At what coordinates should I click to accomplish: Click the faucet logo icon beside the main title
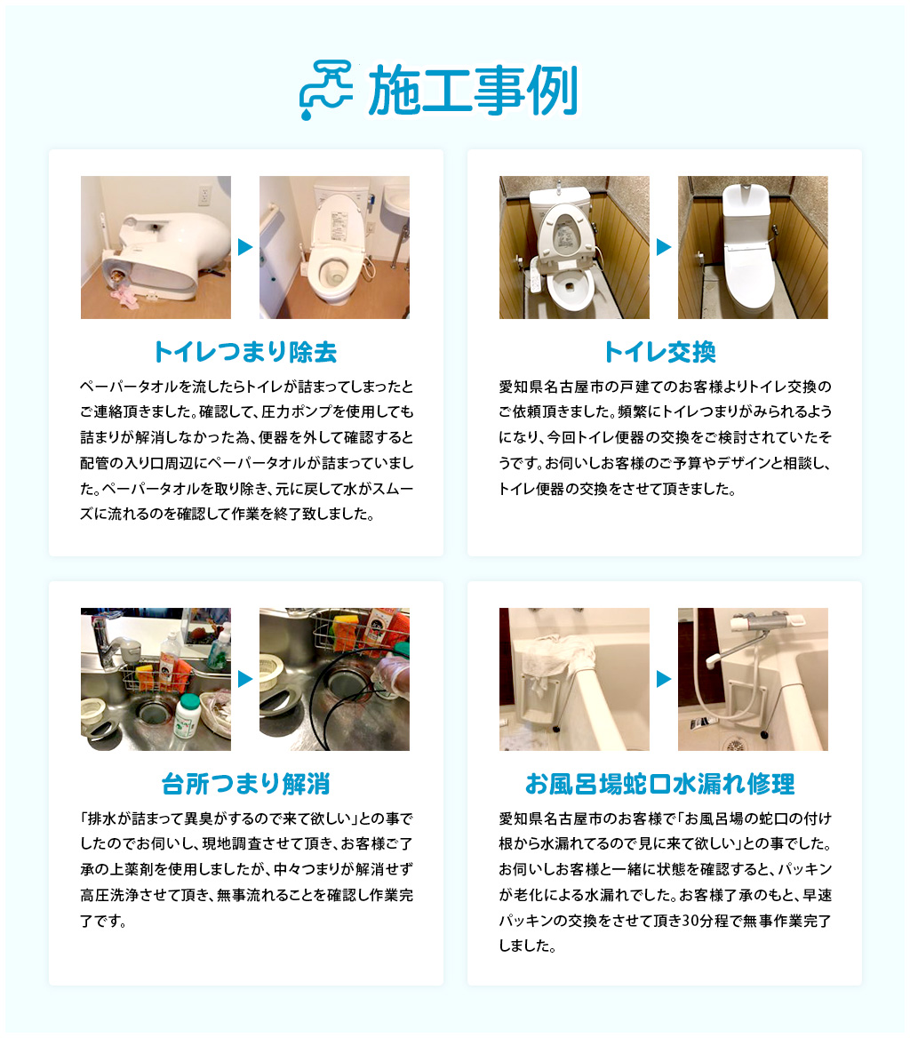coord(325,90)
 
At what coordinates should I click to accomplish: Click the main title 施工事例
coord(473,91)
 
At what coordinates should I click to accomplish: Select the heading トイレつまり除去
coord(245,352)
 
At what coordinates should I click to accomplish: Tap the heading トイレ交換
coord(659,352)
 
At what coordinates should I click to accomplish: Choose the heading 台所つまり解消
coord(245,784)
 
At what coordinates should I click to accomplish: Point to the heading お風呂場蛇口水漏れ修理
coord(659,784)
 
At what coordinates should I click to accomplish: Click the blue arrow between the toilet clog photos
coord(245,247)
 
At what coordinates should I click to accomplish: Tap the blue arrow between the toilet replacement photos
coord(664,247)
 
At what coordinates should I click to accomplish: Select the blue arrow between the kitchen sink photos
coord(245,679)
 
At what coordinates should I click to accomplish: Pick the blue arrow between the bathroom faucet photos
coord(664,679)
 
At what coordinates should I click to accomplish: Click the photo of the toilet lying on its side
coord(156,247)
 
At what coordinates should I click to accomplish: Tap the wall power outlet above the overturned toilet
coord(204,195)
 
